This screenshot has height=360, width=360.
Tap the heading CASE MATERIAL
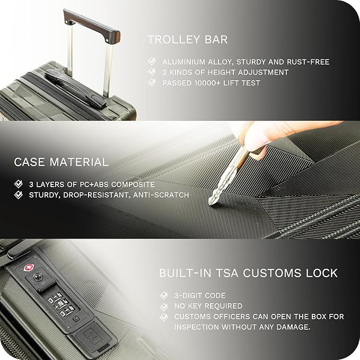[x=62, y=162]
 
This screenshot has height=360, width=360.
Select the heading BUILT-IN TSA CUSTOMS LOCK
[x=248, y=273]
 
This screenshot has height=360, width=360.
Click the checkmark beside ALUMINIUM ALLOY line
[x=152, y=62]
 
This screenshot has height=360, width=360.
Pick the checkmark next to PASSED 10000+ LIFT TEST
[x=152, y=82]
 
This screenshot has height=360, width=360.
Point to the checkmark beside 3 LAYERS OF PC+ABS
[x=19, y=184]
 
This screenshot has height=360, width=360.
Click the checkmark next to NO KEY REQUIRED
[x=164, y=306]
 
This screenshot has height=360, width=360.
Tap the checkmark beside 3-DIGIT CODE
[x=164, y=295]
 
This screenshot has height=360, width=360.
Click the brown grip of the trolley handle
[x=91, y=26]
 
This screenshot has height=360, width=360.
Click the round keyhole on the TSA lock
[x=38, y=277]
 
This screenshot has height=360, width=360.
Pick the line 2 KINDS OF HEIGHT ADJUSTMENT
[x=225, y=72]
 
